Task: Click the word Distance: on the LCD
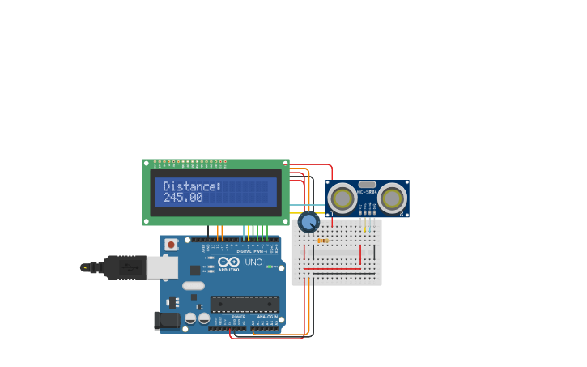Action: pyautogui.click(x=192, y=186)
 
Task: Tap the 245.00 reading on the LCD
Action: pyautogui.click(x=183, y=198)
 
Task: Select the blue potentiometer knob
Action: pyautogui.click(x=308, y=222)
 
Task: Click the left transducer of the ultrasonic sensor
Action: pyautogui.click(x=342, y=198)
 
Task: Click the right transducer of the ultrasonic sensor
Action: pyautogui.click(x=392, y=198)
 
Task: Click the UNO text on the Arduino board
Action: pyautogui.click(x=253, y=262)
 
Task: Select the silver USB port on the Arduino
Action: pyautogui.click(x=162, y=267)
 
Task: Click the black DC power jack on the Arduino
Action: pyautogui.click(x=168, y=321)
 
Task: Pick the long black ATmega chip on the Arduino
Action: pyautogui.click(x=245, y=304)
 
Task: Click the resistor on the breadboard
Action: pyautogui.click(x=323, y=241)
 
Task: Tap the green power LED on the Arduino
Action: pyautogui.click(x=270, y=267)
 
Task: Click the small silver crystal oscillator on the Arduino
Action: pyautogui.click(x=194, y=285)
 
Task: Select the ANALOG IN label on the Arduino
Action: pyautogui.click(x=266, y=316)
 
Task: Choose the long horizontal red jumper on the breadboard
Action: pyautogui.click(x=333, y=269)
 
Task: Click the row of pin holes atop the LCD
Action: pyautogui.click(x=190, y=163)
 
